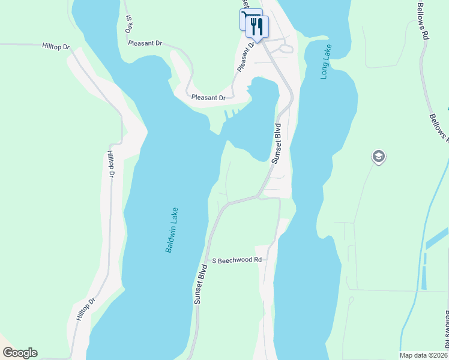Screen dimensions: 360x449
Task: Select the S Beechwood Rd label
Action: [238, 260]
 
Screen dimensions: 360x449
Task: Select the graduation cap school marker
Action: [378, 157]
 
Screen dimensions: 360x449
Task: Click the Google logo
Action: [20, 353]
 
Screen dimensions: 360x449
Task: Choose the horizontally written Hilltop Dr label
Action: [56, 46]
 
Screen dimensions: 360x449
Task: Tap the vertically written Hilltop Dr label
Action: [110, 164]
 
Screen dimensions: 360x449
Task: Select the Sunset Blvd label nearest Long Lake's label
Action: [277, 144]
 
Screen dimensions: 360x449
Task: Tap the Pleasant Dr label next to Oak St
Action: [146, 43]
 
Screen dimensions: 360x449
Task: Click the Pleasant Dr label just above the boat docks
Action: [208, 97]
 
